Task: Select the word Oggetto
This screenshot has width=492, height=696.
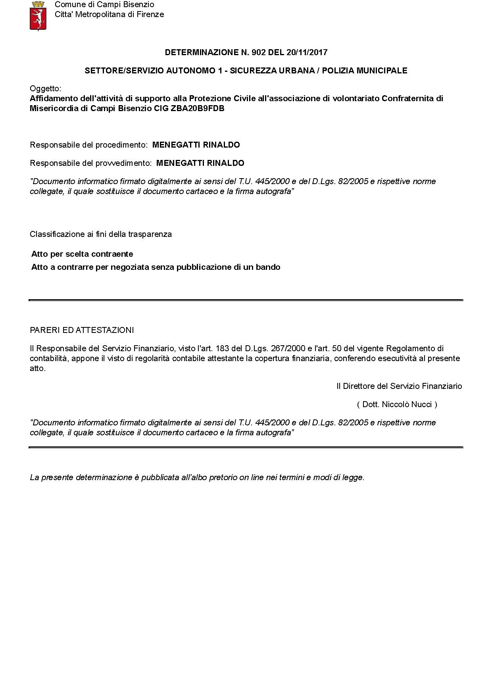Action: (x=45, y=88)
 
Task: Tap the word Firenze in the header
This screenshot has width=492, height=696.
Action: (x=150, y=15)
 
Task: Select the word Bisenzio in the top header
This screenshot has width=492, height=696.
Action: (x=140, y=5)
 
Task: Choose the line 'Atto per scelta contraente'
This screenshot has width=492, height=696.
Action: (x=82, y=254)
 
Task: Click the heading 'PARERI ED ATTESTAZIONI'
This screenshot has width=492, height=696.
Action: (x=82, y=330)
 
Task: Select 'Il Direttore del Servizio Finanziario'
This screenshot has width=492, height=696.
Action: (x=399, y=386)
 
